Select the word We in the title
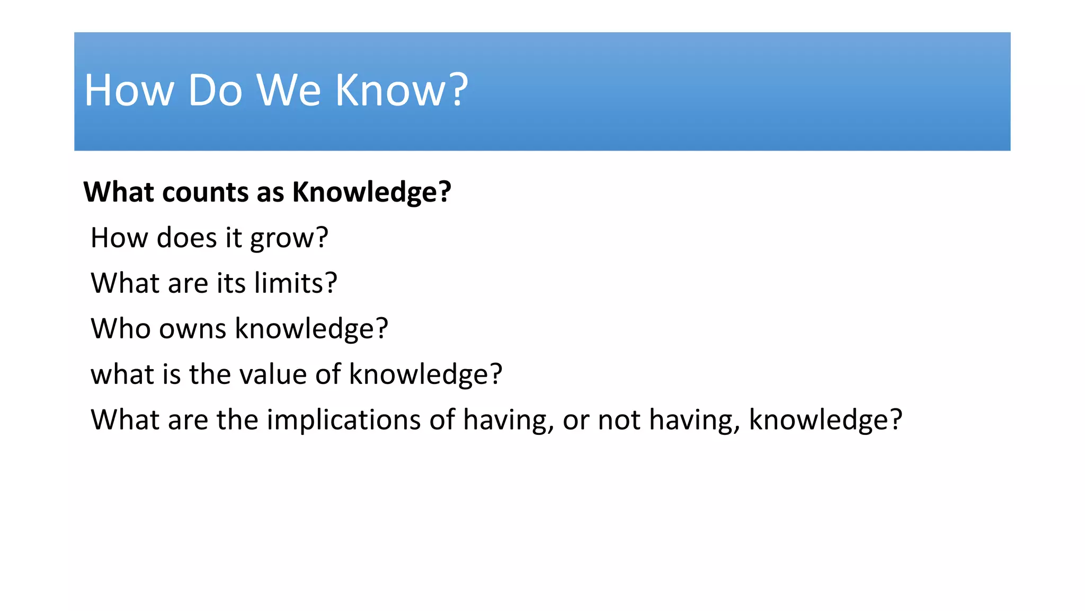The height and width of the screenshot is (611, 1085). [x=289, y=90]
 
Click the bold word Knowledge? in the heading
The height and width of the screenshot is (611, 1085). [x=371, y=192]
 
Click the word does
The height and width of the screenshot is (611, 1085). [x=186, y=238]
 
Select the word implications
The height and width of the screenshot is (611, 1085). [x=343, y=420]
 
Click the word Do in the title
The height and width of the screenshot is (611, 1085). [x=215, y=90]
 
